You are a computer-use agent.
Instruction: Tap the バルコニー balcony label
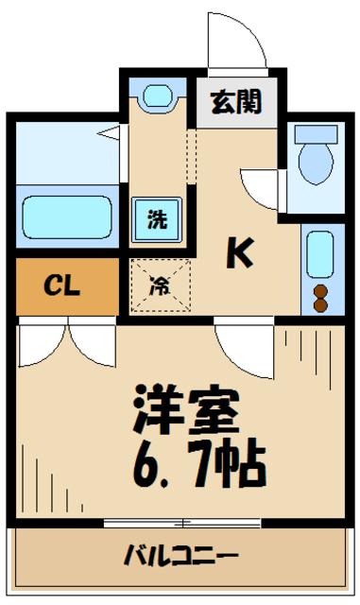(180, 554)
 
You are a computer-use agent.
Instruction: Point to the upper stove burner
(319, 291)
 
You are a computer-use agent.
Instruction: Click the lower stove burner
(319, 305)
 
